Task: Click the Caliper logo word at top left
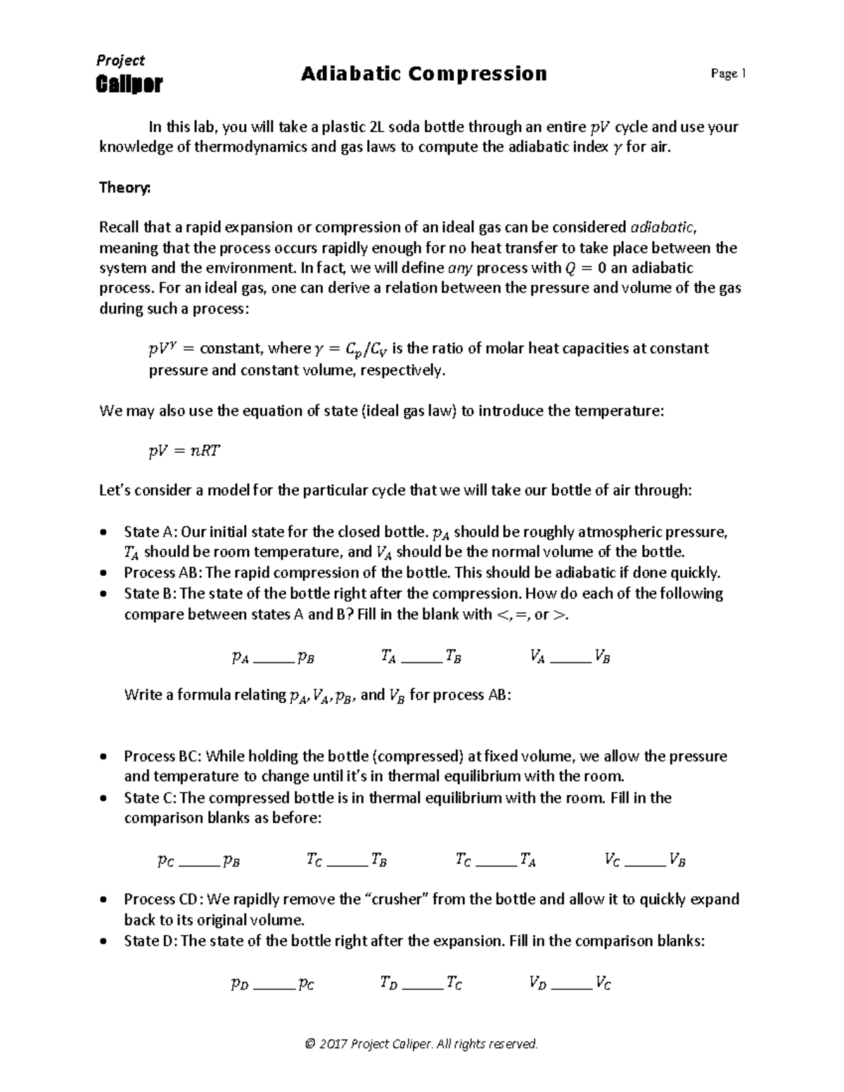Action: tap(129, 84)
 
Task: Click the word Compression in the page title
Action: tap(478, 74)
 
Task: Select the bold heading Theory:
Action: tap(124, 188)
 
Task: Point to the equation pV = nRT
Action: tap(185, 451)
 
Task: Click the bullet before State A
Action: tap(105, 532)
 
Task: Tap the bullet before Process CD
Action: tap(105, 899)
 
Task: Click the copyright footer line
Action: tap(421, 1043)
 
